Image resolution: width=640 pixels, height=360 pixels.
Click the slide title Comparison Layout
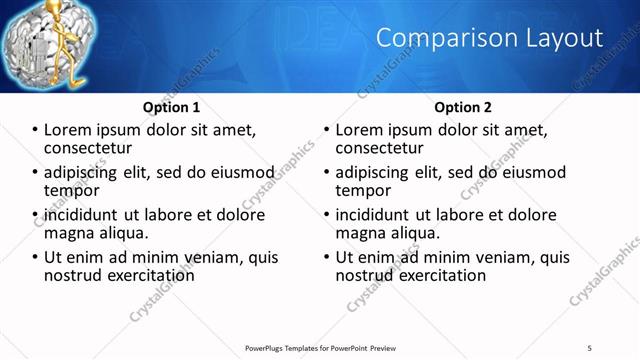tap(489, 38)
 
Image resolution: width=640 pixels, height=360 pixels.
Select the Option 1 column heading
tap(172, 107)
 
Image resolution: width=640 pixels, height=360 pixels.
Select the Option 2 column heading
tap(463, 107)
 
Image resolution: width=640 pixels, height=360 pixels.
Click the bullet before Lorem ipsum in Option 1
tap(35, 130)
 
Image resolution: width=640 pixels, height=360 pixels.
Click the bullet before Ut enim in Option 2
tap(327, 257)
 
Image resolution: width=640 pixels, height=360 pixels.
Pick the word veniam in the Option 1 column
tap(214, 257)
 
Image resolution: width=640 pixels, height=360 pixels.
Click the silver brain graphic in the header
tap(30, 45)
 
